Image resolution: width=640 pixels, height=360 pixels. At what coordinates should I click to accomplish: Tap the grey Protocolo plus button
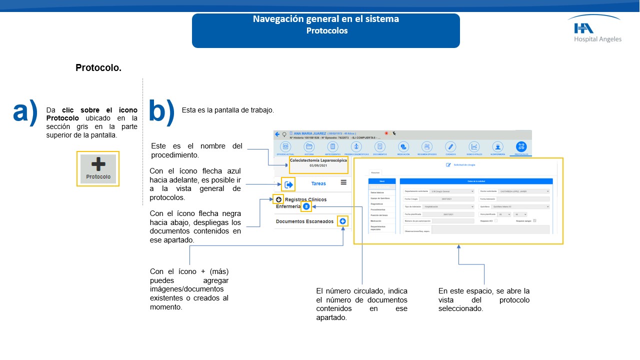[98, 168]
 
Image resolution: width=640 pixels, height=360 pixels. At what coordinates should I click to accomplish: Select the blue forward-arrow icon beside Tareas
[288, 184]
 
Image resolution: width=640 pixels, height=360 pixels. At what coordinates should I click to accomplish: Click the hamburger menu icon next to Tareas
[343, 182]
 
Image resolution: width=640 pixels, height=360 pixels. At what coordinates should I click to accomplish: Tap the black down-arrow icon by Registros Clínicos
[278, 199]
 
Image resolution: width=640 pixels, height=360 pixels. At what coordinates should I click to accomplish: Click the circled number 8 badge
[306, 206]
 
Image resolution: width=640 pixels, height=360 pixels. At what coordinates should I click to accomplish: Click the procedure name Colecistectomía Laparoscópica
[318, 161]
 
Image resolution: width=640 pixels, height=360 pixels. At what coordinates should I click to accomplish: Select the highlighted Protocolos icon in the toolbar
[521, 146]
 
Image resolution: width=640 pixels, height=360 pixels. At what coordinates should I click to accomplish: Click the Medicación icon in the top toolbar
[403, 146]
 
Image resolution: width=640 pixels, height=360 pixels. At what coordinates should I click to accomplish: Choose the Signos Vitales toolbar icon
[474, 146]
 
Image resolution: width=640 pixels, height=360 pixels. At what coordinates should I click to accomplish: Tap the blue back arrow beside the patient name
[277, 134]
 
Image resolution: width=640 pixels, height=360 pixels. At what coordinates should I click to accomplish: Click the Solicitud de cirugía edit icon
[448, 164]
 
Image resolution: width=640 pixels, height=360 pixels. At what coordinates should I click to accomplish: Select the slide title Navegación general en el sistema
[325, 19]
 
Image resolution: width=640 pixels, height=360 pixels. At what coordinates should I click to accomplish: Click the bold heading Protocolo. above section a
[98, 67]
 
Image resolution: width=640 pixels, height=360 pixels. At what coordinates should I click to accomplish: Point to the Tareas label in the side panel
[318, 183]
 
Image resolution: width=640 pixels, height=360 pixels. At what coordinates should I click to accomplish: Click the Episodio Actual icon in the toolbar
[285, 146]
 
